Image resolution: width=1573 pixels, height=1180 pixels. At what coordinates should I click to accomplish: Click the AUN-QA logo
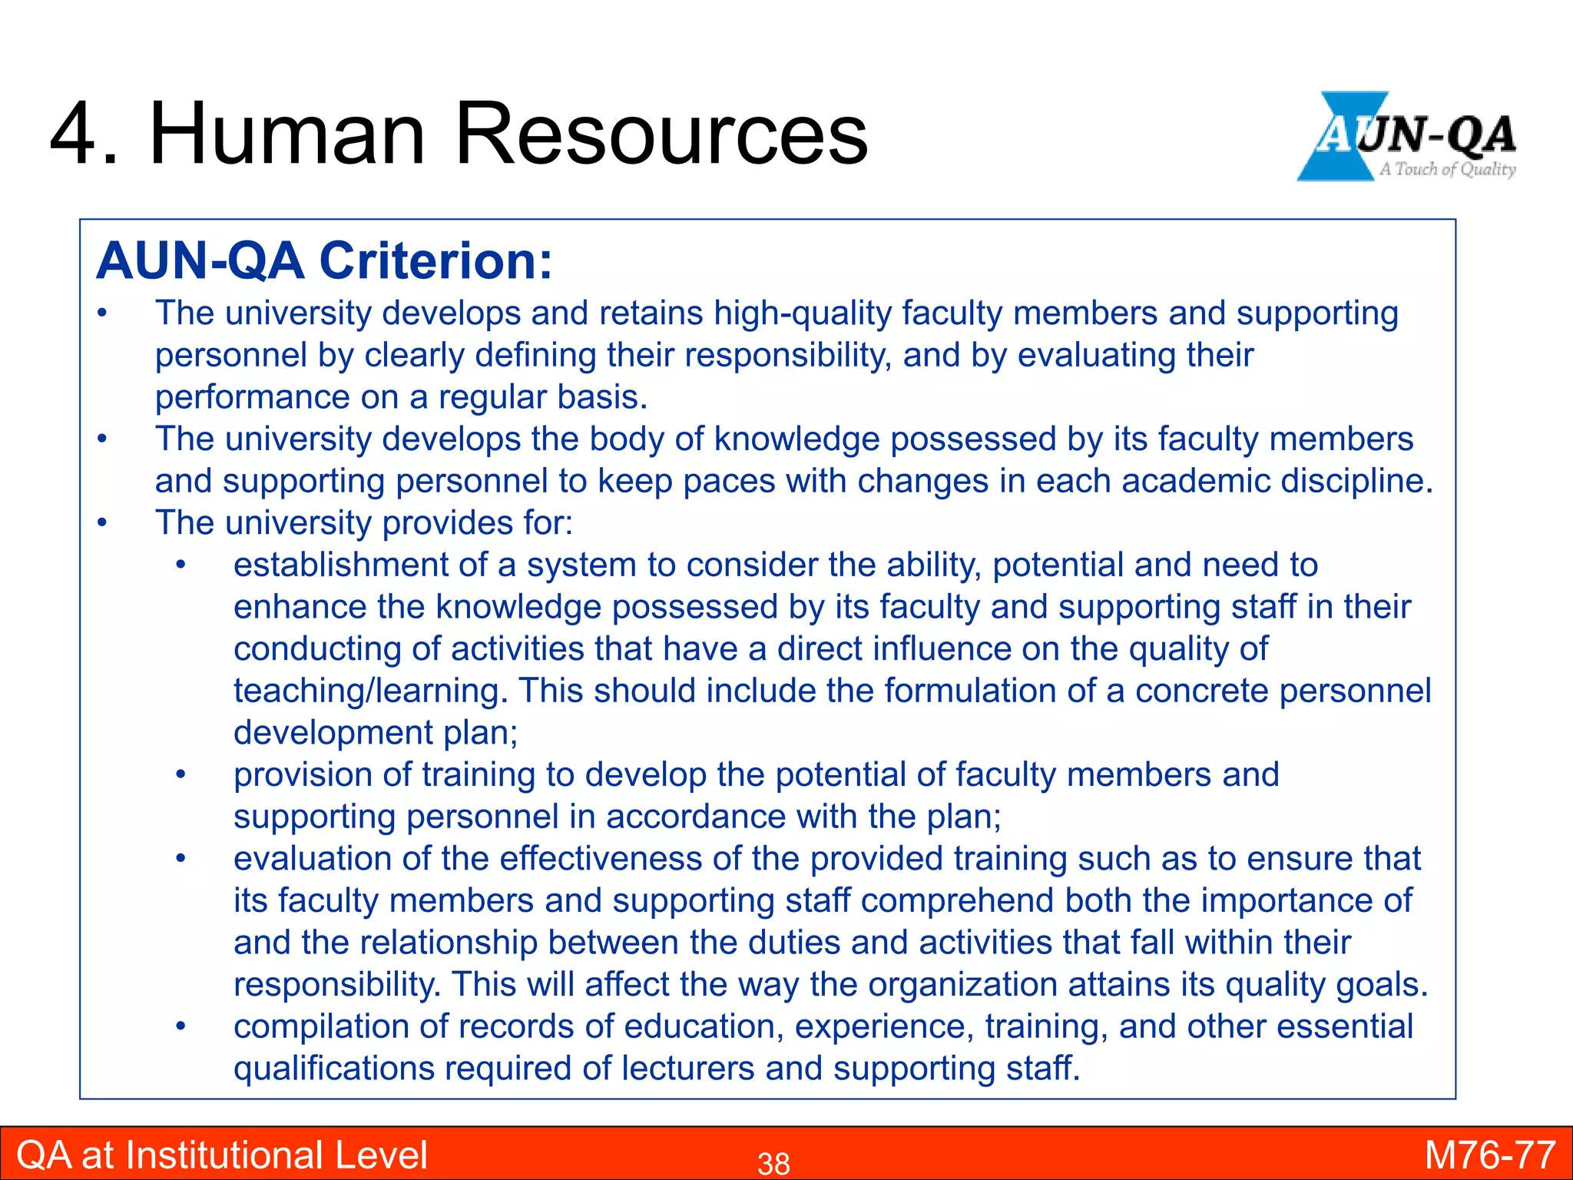(x=1407, y=137)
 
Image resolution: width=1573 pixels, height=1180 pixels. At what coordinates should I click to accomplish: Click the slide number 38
(x=773, y=1163)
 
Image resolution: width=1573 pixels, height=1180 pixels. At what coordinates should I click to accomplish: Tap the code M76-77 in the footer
(x=1490, y=1155)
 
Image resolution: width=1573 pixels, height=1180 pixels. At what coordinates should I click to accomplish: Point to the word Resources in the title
(x=661, y=134)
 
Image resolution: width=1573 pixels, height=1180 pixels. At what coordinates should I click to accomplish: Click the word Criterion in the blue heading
(x=435, y=261)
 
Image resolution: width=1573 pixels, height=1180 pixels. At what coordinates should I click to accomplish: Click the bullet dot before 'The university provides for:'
(x=102, y=523)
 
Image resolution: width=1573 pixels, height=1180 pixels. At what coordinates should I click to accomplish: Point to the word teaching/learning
(x=371, y=691)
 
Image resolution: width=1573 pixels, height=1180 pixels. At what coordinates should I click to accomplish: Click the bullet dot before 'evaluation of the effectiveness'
(x=180, y=859)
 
